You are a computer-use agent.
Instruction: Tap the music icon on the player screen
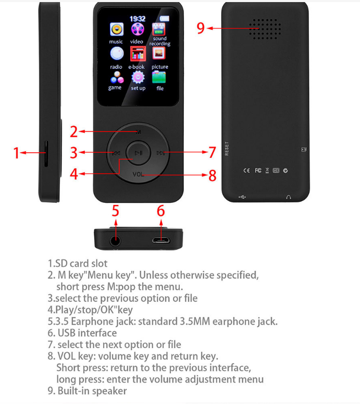[x=117, y=29]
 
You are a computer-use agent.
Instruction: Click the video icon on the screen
[x=138, y=29]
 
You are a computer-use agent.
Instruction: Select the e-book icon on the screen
[x=138, y=54]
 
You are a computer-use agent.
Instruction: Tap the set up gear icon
[x=138, y=77]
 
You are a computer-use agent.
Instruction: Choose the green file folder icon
[x=159, y=77]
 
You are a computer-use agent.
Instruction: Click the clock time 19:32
[x=138, y=19]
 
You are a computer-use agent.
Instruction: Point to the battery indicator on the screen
[x=165, y=18]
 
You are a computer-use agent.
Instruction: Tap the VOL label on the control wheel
[x=138, y=175]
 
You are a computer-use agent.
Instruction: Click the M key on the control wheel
[x=139, y=132]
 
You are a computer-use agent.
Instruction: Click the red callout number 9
[x=201, y=28]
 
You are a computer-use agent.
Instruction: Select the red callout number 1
[x=16, y=153]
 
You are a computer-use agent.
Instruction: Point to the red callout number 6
[x=161, y=211]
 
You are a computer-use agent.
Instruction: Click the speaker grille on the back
[x=265, y=29]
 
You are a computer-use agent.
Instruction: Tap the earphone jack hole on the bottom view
[x=115, y=241]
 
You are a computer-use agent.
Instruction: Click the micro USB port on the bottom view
[x=161, y=240]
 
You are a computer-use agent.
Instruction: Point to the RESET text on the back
[x=227, y=149]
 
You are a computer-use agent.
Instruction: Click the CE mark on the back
[x=246, y=170]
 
